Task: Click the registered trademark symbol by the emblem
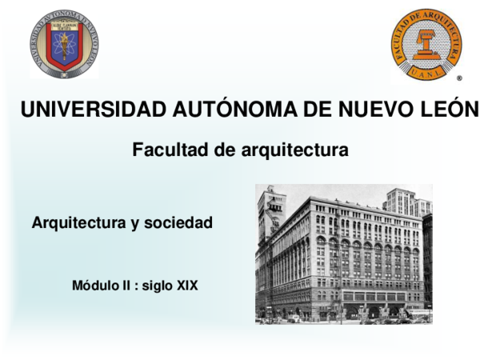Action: (458, 80)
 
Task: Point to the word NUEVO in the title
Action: (362, 110)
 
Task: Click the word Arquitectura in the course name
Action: (78, 224)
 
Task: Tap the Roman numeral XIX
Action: (187, 284)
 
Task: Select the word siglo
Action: (158, 284)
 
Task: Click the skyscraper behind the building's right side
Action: (408, 202)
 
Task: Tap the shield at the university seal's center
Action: (64, 46)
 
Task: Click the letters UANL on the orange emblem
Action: (427, 72)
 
